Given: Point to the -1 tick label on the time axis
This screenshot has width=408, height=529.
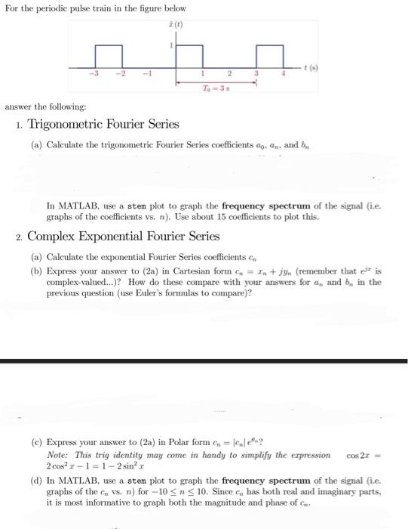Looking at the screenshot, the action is tap(149, 73).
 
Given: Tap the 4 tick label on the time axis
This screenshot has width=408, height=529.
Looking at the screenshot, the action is tap(283, 73).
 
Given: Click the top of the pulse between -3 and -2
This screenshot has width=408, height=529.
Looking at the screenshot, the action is tap(109, 46).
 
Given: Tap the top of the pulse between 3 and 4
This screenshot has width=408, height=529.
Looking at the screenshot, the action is tap(270, 46).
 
